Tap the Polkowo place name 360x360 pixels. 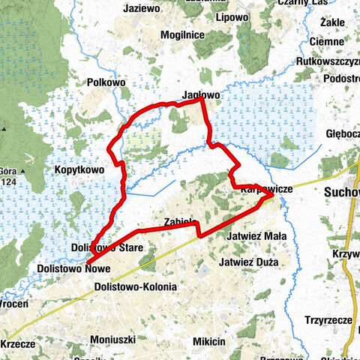tap(106, 81)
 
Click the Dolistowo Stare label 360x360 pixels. tap(102, 247)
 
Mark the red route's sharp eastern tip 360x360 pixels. tap(273, 197)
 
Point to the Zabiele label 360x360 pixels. tap(180, 221)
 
